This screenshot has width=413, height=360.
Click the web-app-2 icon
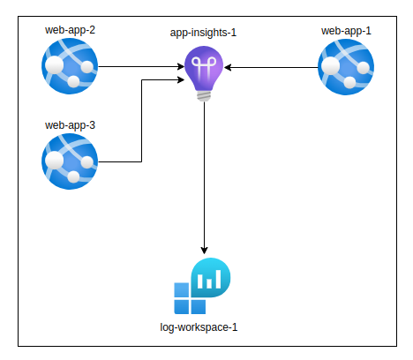click(70, 66)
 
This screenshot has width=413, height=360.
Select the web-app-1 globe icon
click(346, 67)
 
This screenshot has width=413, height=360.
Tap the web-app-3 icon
click(70, 161)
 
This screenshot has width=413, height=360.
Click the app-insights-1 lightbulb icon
click(204, 73)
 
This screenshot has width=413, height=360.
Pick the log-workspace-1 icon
click(202, 286)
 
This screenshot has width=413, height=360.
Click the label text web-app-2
click(70, 30)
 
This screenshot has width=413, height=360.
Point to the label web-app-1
click(346, 31)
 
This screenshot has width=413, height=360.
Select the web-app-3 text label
click(70, 125)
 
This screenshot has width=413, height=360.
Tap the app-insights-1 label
click(203, 33)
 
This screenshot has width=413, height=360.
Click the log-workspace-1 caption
click(199, 327)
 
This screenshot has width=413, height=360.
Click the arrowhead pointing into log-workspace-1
click(204, 251)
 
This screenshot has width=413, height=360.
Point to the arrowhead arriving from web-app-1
click(228, 67)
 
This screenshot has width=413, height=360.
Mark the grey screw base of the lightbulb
click(204, 96)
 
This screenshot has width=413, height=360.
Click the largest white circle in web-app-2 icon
click(54, 65)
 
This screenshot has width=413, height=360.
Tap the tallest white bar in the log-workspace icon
click(218, 279)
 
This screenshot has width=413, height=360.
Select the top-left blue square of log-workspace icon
click(182, 290)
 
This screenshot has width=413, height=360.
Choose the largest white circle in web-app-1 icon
click(331, 66)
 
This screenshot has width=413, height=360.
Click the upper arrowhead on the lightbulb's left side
click(181, 66)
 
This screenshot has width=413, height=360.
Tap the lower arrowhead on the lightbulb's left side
click(181, 79)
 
